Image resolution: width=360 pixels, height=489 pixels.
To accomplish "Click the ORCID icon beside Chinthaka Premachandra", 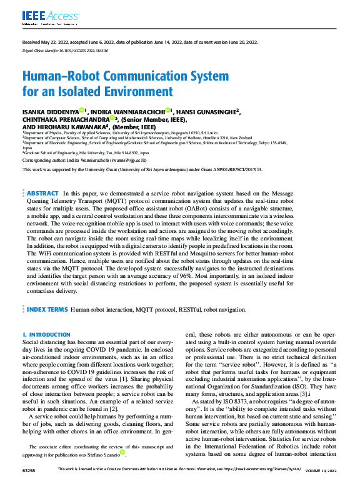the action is pyautogui.click(x=112, y=117).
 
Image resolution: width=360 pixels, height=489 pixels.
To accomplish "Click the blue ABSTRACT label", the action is pyautogui.click(x=42, y=194).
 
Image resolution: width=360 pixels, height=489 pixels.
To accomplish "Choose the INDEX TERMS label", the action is pyautogui.click(x=46, y=309).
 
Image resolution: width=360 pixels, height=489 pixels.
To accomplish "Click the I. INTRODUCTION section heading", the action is pyautogui.click(x=46, y=335).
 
